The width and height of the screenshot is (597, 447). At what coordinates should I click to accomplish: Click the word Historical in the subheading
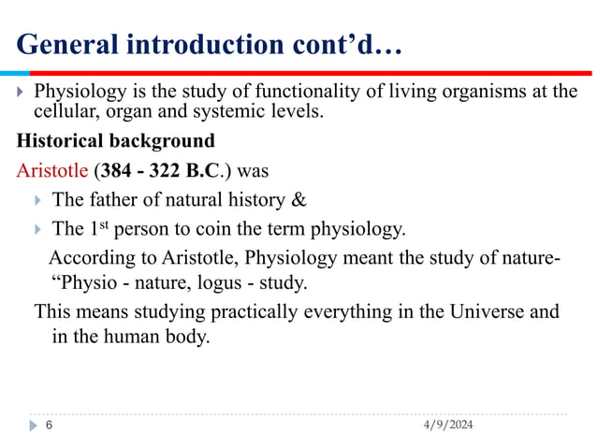(x=57, y=142)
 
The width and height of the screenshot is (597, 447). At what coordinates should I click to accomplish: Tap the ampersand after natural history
(x=299, y=199)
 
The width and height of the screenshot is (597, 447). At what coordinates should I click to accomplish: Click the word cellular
(x=65, y=112)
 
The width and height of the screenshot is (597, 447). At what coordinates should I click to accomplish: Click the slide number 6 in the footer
(x=49, y=425)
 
